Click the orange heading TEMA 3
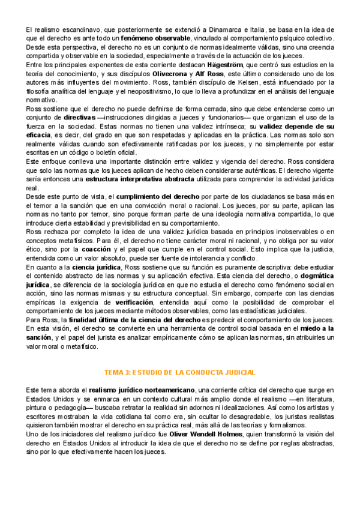181,355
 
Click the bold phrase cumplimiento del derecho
158,197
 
